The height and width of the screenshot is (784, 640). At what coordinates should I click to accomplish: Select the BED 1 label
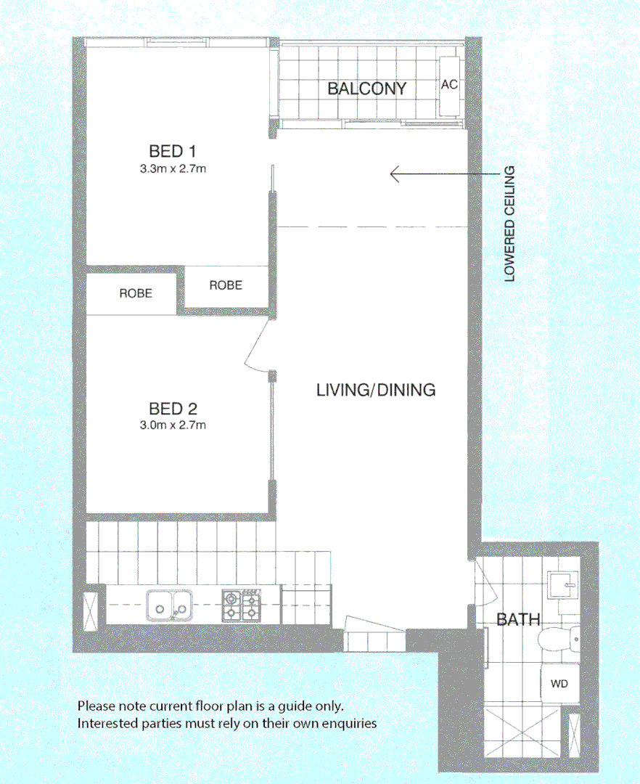click(173, 152)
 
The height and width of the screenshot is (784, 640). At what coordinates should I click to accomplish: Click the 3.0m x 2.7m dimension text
click(173, 425)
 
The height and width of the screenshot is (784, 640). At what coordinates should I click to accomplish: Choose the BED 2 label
click(173, 408)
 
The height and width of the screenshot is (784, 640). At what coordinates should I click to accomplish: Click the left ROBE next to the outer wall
click(136, 294)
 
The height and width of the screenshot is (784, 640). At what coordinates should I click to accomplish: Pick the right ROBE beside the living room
click(226, 285)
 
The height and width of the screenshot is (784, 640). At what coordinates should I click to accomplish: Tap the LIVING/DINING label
click(376, 390)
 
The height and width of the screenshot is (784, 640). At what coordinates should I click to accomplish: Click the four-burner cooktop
click(240, 605)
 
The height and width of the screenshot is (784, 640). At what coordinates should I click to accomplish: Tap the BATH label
click(518, 620)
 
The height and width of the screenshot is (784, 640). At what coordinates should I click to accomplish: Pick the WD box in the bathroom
click(559, 684)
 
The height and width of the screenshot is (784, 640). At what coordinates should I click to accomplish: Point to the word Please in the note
click(95, 706)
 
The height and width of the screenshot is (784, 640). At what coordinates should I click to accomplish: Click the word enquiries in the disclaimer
click(350, 723)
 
